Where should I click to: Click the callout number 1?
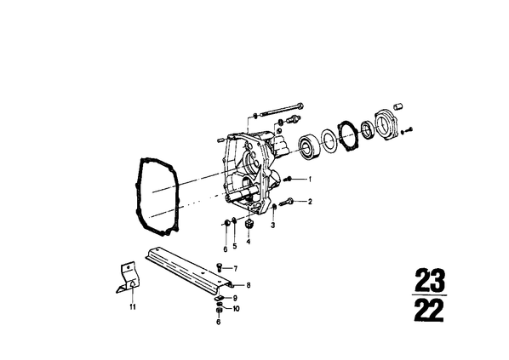click(310, 179)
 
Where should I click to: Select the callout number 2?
click(310, 202)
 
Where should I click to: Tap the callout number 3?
click(272, 225)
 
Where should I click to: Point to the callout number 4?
click(249, 242)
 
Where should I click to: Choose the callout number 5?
click(235, 246)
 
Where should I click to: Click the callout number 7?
click(235, 269)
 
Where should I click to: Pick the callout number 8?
click(249, 285)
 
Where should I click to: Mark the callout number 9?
click(235, 298)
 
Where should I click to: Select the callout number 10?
click(236, 308)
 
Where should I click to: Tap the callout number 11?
click(133, 306)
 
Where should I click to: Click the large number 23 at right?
click(429, 280)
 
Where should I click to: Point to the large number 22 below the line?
click(429, 310)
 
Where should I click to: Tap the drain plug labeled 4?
click(249, 224)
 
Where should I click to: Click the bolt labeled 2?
click(286, 203)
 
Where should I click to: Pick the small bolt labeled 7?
click(219, 268)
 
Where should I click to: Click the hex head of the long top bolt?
click(300, 106)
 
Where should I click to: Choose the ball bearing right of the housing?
click(309, 146)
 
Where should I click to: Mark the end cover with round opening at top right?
click(386, 125)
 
